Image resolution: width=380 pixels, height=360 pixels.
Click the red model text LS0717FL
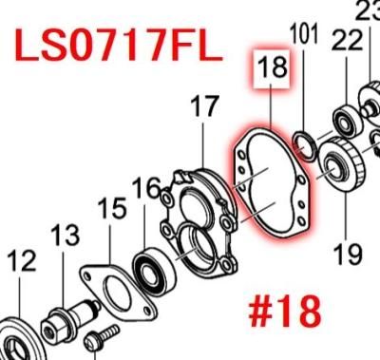click(x=119, y=45)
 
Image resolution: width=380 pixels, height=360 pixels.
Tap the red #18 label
click(x=285, y=312)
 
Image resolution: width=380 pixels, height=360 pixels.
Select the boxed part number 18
click(x=272, y=67)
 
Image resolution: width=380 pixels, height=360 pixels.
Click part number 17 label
click(x=204, y=105)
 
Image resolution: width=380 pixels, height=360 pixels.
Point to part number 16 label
click(x=146, y=188)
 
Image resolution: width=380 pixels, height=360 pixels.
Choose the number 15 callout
click(x=112, y=208)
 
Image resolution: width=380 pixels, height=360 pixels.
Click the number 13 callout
click(x=65, y=236)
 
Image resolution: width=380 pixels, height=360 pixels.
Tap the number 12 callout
click(x=21, y=260)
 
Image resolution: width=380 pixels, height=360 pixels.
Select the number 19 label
click(x=348, y=254)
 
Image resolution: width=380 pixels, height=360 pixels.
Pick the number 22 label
click(x=347, y=40)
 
